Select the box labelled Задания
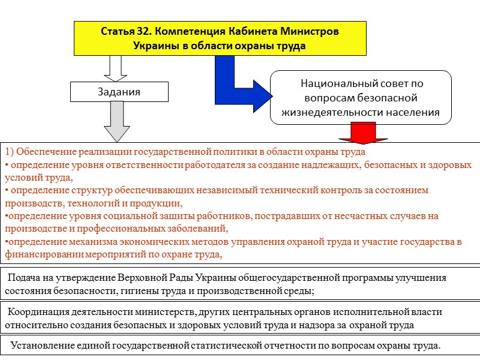pyautogui.click(x=119, y=92)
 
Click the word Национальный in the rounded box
pyautogui.click(x=335, y=84)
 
